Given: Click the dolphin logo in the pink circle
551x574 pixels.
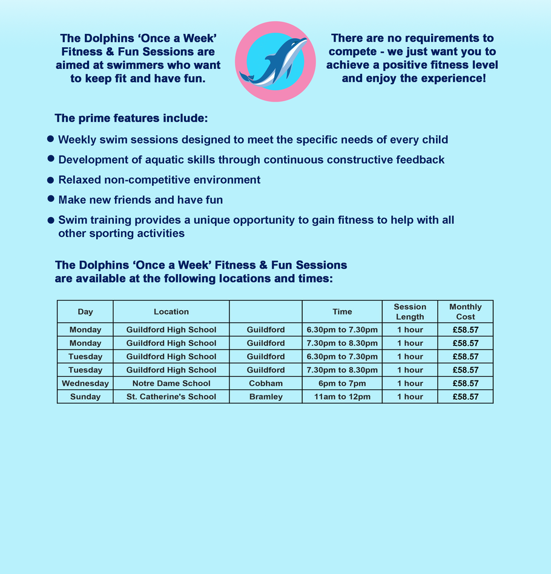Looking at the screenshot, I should point(275,61).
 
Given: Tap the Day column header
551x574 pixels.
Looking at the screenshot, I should point(85,311).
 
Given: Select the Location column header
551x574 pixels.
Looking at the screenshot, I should point(171,311).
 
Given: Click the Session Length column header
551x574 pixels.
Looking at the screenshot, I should point(410,311).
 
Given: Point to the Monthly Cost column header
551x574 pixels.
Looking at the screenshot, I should point(466,311).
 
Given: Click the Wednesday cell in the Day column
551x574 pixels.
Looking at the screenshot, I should point(85,383).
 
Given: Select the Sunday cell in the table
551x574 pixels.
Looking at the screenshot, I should point(85,397).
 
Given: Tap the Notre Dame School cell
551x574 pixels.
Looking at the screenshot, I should point(171,383).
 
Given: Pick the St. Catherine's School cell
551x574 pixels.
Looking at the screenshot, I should point(171,397).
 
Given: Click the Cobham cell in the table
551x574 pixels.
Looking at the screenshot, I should point(266,383).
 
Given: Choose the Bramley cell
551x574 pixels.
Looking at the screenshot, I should point(266,397).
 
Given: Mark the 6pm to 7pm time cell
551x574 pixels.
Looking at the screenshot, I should point(342,383).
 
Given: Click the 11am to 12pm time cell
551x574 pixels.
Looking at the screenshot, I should point(342,397).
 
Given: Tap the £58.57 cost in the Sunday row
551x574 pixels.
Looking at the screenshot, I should point(466,397).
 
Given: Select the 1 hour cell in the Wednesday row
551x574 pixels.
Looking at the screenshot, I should point(410,383).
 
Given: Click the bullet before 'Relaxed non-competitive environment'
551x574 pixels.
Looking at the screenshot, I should point(51,180).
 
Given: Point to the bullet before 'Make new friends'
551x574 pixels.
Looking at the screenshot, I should point(51,199).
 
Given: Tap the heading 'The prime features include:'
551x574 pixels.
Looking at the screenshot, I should point(131,118).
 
